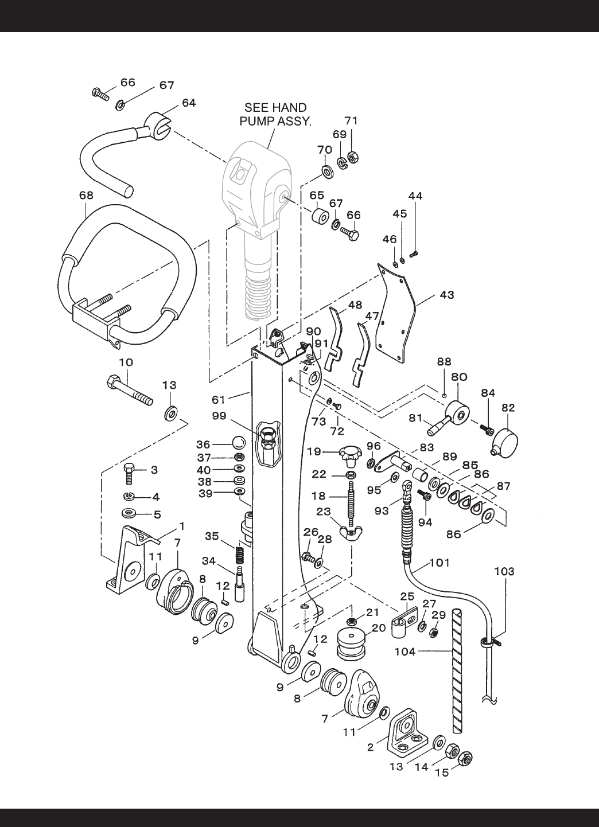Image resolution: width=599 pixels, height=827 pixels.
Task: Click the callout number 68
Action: coord(87,196)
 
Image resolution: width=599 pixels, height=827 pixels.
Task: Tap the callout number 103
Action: coord(504,572)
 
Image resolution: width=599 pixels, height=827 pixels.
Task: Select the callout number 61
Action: coord(218,400)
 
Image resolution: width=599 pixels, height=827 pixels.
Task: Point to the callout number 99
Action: coord(219,416)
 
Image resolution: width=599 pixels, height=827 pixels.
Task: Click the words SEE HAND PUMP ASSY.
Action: coord(275,114)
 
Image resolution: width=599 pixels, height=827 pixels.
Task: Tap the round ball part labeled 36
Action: coord(239,442)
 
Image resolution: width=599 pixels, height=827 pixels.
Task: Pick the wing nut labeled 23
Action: coord(351,532)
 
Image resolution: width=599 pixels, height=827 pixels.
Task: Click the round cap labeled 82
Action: coord(505,443)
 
